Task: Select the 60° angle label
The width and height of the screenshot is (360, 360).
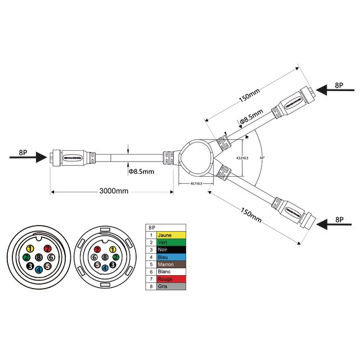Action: pyautogui.click(x=262, y=158)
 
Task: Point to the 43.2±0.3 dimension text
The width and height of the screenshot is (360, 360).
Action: pyautogui.click(x=242, y=158)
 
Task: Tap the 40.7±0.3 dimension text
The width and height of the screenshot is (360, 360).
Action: pyautogui.click(x=197, y=184)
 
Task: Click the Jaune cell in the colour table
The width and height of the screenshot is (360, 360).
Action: pyautogui.click(x=171, y=235)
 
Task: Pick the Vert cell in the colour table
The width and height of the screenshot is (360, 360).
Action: pyautogui.click(x=171, y=242)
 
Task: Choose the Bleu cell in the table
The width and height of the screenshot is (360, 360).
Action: pyautogui.click(x=171, y=257)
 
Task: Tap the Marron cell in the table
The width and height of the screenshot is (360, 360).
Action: pyautogui.click(x=171, y=264)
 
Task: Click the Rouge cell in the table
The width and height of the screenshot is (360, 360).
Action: pyautogui.click(x=171, y=279)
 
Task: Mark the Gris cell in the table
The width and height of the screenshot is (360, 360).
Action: pyautogui.click(x=171, y=286)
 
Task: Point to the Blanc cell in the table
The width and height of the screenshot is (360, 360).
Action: pyautogui.click(x=171, y=272)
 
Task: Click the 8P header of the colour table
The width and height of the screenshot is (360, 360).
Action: pyautogui.click(x=151, y=228)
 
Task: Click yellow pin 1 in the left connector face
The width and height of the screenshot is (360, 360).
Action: pyautogui.click(x=31, y=248)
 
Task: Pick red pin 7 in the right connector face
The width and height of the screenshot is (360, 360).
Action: pyautogui.click(x=97, y=249)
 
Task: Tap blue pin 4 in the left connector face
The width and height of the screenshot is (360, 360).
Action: pyautogui.click(x=38, y=269)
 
